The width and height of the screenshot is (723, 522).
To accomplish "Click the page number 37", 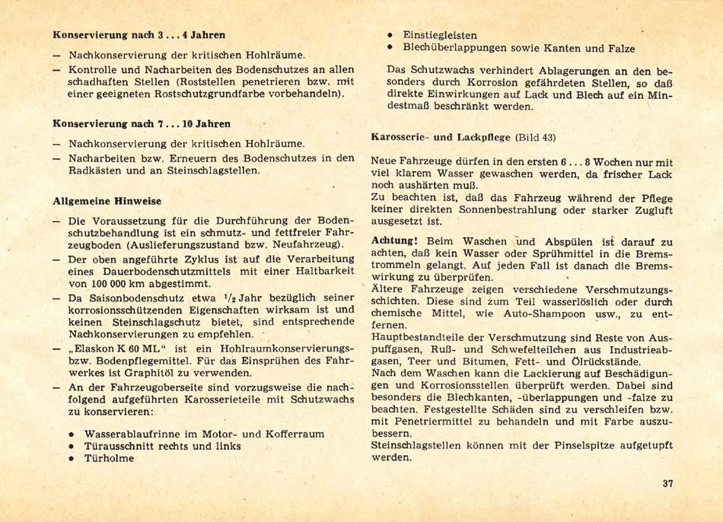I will [667, 485].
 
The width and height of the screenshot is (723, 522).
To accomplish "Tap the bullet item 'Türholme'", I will [110, 459].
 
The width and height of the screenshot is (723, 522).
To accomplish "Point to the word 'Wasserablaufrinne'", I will [130, 434].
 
